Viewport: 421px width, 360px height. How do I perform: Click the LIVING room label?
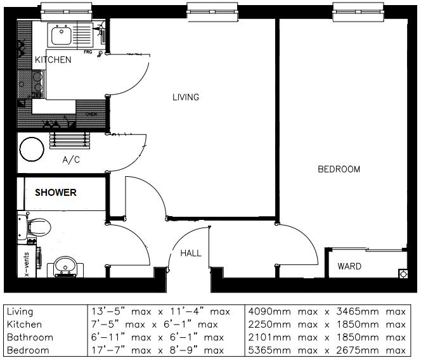(186, 98)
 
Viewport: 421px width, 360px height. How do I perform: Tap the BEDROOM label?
(339, 169)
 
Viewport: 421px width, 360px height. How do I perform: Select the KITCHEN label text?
(53, 60)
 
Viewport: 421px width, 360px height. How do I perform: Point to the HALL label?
(191, 253)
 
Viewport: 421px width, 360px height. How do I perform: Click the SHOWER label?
(56, 193)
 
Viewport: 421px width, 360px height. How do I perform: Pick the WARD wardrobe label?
(349, 267)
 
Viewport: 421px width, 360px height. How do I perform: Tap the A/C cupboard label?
(71, 160)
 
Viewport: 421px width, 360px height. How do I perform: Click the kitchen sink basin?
(62, 36)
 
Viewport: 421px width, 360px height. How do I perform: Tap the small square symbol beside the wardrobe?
(402, 274)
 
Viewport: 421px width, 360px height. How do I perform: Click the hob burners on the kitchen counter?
(37, 82)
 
